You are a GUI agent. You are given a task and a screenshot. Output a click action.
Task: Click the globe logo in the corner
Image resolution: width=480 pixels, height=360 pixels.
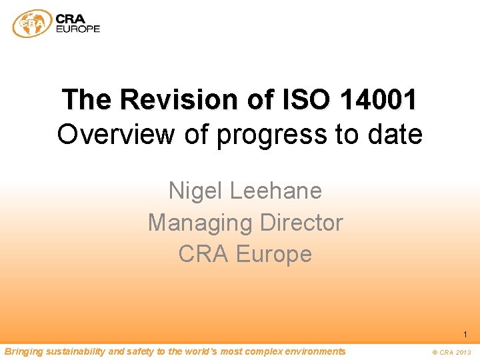32,23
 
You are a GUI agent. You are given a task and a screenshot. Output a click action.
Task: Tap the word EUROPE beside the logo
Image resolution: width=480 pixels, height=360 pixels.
78,29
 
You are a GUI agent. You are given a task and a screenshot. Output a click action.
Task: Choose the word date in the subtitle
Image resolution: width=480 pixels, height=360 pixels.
394,135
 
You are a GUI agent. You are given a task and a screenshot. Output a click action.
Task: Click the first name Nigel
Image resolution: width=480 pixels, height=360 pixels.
195,191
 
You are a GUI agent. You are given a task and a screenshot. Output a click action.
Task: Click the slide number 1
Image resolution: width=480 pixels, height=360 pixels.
465,335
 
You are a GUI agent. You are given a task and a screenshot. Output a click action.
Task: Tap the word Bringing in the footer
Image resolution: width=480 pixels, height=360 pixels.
23,351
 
